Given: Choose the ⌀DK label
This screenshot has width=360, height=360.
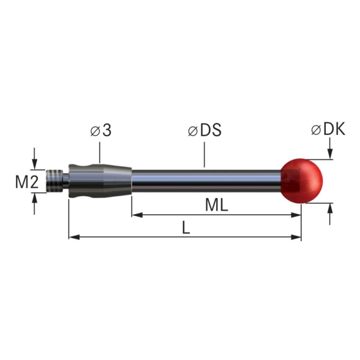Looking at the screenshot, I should (328, 129).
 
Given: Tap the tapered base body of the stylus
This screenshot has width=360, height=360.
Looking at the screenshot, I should (100, 179).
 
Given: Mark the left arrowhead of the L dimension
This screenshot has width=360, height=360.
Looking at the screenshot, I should (73, 237).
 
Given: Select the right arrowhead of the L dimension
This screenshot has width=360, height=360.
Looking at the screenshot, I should (296, 237).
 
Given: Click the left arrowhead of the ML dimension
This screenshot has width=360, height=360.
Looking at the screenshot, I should (136, 214).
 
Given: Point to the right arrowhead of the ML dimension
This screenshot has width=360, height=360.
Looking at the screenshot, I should (296, 214).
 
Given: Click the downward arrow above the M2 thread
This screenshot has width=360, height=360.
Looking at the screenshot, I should (35, 164).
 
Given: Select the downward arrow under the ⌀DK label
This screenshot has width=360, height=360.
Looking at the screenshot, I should (331, 155).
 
